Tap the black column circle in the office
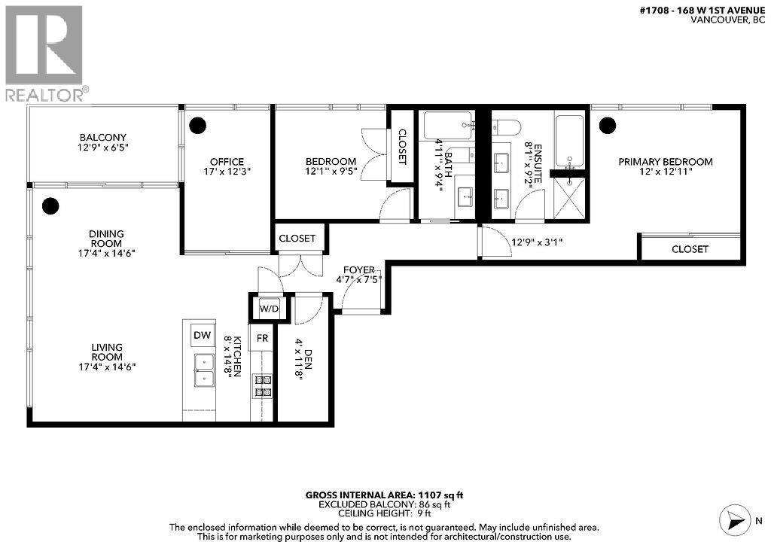(x=197, y=125)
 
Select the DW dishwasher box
(x=201, y=335)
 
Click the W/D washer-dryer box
(x=268, y=308)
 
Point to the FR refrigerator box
(x=262, y=339)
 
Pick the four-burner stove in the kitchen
(x=263, y=385)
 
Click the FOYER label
(x=357, y=269)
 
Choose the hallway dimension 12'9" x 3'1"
(x=537, y=242)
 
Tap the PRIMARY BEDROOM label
(x=665, y=161)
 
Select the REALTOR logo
(x=44, y=53)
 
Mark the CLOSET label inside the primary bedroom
(x=690, y=248)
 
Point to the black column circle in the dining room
(x=50, y=205)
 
